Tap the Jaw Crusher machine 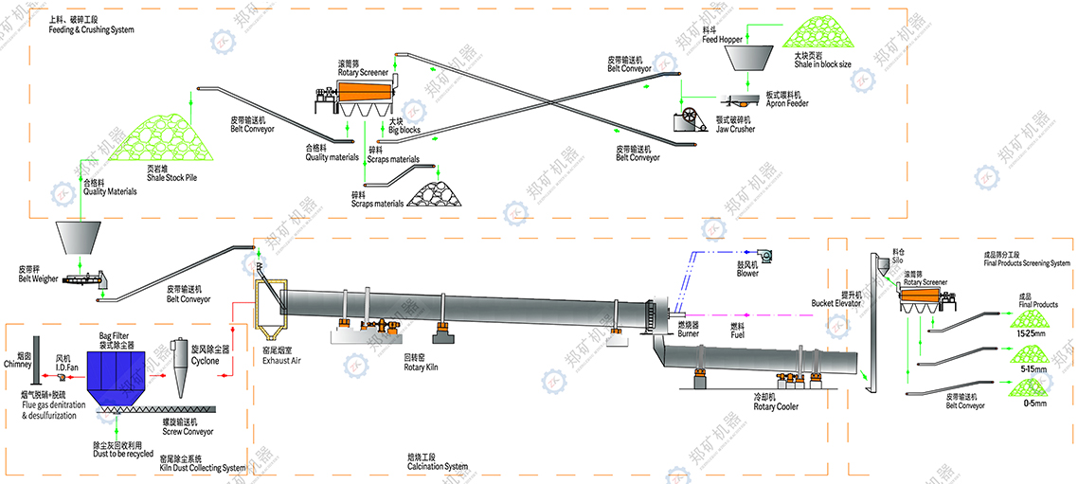click(690, 120)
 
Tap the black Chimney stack click(34, 350)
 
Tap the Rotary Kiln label click(421, 366)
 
